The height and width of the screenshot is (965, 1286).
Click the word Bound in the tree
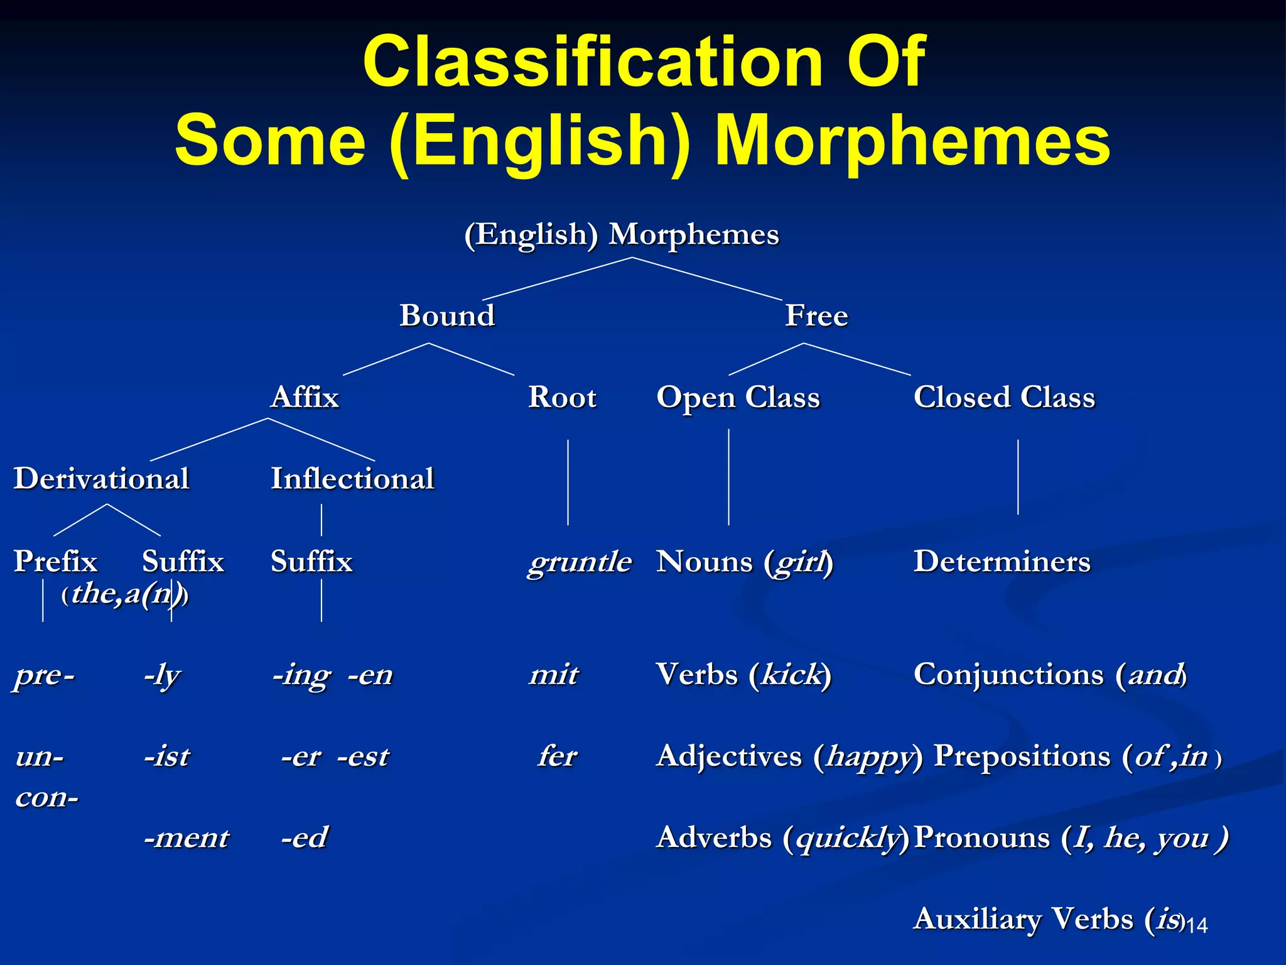coord(447,315)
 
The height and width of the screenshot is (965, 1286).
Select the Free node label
coord(816,315)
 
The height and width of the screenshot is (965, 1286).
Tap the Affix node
coord(305,397)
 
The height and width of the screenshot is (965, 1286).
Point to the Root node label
coord(562,397)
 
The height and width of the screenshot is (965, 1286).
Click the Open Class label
coord(738,397)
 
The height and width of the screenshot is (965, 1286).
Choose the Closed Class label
coord(1004,397)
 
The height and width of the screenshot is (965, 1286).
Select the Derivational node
coord(101,479)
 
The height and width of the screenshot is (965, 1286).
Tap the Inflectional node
coord(352,479)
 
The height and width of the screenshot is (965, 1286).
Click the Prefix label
coord(55,561)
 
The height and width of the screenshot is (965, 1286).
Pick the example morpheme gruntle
coord(579,561)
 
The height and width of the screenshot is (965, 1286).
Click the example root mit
coord(554,675)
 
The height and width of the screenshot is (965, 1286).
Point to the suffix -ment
coord(186,837)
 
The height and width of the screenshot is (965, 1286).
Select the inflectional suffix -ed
coord(305,837)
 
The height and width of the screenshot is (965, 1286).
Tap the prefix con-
coord(47,797)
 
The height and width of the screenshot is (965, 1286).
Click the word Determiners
coord(1002,561)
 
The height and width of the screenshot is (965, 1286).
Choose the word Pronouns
coord(981,837)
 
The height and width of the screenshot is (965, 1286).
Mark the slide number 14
coord(1197,925)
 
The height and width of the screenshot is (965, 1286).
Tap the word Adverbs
coord(714,837)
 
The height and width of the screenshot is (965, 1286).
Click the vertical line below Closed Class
coord(1018,477)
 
